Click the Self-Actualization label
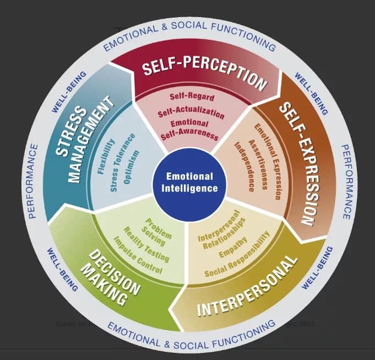pyautogui.click(x=191, y=113)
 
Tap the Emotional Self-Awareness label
pyautogui.click(x=190, y=129)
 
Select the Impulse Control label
pyautogui.click(x=138, y=256)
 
